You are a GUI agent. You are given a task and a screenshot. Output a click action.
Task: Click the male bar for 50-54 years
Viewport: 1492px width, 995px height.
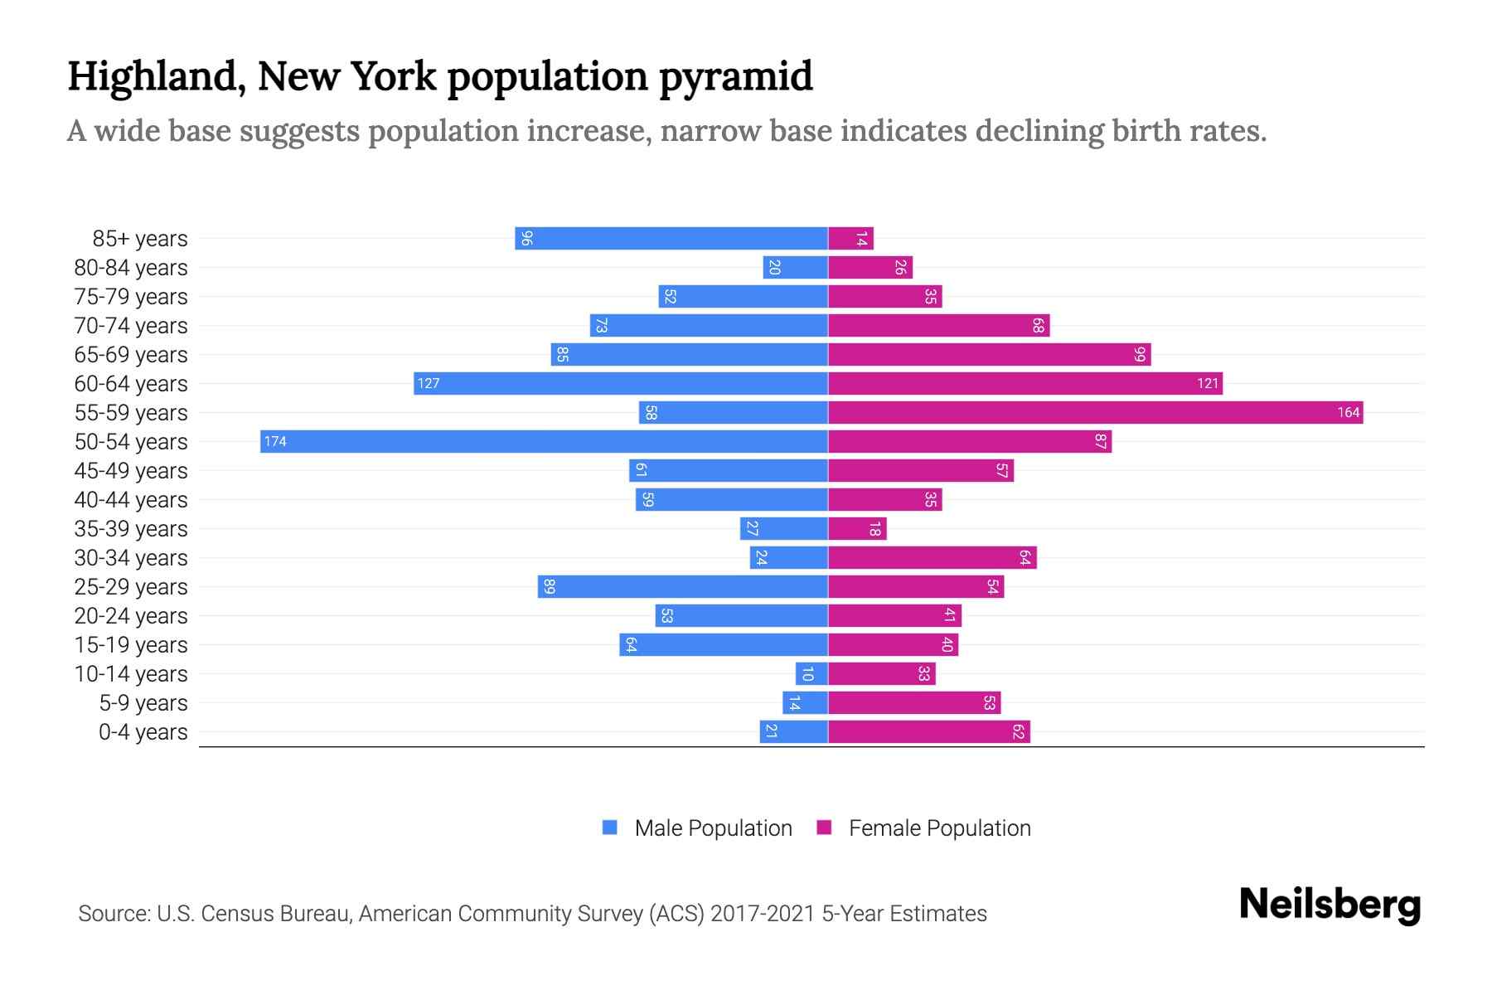coord(544,441)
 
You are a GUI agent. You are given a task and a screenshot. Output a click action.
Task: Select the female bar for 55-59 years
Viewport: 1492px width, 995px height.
coord(1095,412)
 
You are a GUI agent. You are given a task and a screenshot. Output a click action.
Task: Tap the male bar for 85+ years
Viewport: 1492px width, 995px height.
coord(671,238)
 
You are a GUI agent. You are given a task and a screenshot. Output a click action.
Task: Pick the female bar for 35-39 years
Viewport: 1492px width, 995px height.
coord(857,528)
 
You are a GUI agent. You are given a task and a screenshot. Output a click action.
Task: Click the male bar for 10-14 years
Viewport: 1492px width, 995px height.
coord(811,673)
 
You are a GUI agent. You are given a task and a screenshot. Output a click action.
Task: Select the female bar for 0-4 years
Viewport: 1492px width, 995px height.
coord(928,731)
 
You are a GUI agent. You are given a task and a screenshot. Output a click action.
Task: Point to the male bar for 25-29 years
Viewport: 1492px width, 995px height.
coord(682,586)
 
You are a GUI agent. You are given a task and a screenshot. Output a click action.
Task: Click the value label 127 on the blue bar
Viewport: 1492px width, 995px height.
coord(429,383)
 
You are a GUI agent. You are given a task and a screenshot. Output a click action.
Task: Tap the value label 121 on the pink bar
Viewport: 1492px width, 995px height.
coord(1208,383)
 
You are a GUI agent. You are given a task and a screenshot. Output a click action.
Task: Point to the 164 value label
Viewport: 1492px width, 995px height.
coord(1349,412)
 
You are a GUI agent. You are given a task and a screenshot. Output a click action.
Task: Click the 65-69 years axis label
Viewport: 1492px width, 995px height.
coord(131,355)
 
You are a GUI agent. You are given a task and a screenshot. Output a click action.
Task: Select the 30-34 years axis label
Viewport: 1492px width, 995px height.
coord(131,558)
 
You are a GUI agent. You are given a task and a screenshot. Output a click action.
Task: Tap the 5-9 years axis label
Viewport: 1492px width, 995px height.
coord(143,703)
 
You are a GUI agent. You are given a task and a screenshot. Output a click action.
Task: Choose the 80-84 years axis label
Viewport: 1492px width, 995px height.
coord(131,268)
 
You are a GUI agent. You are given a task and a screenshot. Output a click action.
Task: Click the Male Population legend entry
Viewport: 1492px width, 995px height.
coord(697,828)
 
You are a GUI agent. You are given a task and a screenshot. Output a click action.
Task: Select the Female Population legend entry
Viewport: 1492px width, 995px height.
coord(923,828)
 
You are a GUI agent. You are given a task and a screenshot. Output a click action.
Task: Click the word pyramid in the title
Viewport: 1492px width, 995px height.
coord(736,76)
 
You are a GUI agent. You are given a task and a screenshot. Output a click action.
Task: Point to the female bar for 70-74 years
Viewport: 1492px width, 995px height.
coord(938,325)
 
